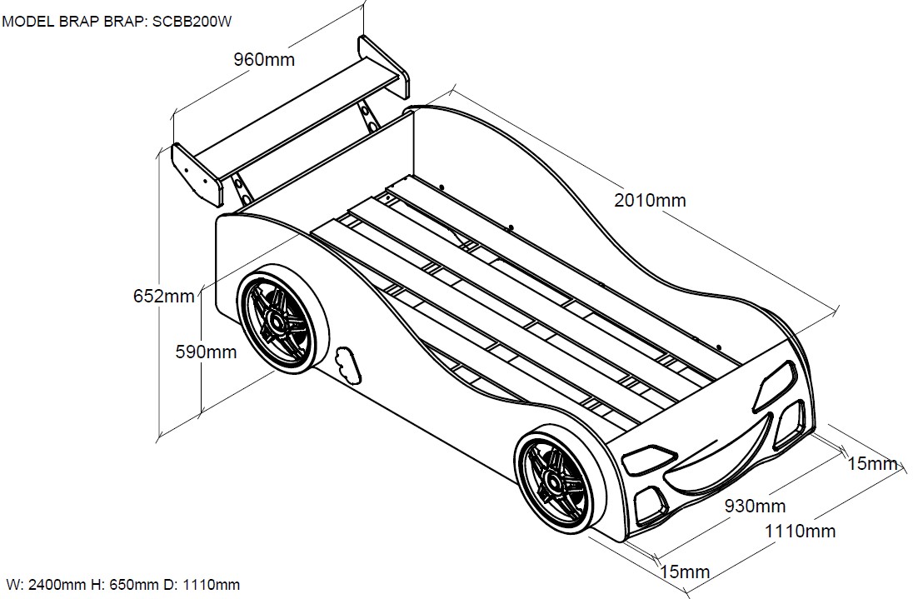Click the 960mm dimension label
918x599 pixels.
[x=264, y=60]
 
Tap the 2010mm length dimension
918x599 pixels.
[x=650, y=200]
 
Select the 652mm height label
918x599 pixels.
[x=164, y=296]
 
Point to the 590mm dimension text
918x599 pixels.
[x=206, y=352]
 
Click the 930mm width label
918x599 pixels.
[x=756, y=506]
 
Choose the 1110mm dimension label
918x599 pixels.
[x=801, y=531]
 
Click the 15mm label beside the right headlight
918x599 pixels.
[x=873, y=464]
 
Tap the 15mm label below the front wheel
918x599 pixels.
[x=685, y=572]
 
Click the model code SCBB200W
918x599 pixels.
[x=192, y=22]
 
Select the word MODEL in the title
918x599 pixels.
[x=28, y=22]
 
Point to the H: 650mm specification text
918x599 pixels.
[x=124, y=584]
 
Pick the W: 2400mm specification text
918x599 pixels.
[x=47, y=584]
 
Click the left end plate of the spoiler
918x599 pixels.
[x=197, y=174]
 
